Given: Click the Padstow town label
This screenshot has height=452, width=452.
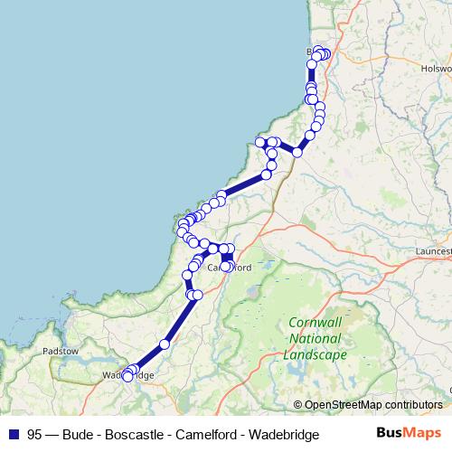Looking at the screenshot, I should tap(61, 350).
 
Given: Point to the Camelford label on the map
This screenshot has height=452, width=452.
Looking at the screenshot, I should tap(229, 268).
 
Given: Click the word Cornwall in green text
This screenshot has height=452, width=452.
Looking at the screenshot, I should tap(315, 323).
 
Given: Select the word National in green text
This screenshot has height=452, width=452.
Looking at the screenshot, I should tap(315, 339).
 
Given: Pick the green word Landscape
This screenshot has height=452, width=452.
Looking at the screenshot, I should tap(315, 355).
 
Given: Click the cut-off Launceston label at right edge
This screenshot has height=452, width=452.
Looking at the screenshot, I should tap(435, 250).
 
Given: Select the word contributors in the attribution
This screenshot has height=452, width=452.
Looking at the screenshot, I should tap(412, 405).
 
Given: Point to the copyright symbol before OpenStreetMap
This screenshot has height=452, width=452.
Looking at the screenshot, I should tap(297, 405).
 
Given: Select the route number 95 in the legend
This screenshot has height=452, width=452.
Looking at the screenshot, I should tap(34, 435).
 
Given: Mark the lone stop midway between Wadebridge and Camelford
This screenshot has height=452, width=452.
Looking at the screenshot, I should tap(165, 344).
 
